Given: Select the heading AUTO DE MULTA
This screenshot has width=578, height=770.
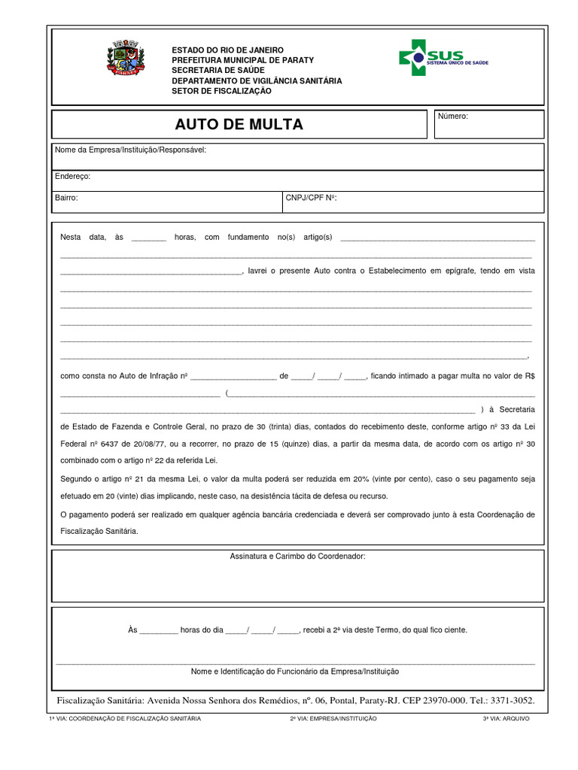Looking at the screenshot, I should [239, 125].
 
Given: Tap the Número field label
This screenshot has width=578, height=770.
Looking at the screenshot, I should [453, 117].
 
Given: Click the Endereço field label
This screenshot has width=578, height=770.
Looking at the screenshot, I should [72, 176].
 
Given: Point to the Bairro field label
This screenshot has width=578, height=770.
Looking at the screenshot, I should [66, 198].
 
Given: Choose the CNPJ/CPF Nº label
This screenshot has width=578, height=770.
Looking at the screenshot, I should [311, 198].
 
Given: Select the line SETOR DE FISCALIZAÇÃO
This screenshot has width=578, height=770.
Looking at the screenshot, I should [221, 91].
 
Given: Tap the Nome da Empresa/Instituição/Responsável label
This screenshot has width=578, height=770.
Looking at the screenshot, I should [130, 150].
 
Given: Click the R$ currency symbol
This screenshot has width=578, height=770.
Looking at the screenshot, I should [529, 375].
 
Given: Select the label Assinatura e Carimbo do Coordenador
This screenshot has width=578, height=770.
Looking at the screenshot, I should [297, 556].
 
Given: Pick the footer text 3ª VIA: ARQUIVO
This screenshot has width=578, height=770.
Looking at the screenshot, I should [506, 719].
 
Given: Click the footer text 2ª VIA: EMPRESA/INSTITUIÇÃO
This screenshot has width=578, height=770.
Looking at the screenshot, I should [333, 719].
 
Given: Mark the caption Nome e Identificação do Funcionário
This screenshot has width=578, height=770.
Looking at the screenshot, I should [295, 671].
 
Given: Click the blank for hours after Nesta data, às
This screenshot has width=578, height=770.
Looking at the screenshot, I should [148, 238].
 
